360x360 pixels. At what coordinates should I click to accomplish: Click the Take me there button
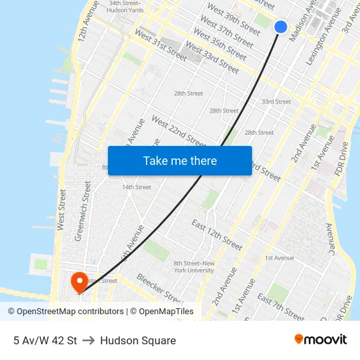pyautogui.click(x=180, y=160)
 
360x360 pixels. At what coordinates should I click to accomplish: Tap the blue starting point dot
pyautogui.click(x=280, y=26)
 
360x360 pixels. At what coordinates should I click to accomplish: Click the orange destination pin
pyautogui.click(x=79, y=282)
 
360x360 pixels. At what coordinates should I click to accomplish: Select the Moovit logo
pyautogui.click(x=321, y=340)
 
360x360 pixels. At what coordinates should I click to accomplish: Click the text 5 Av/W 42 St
pyautogui.click(x=45, y=340)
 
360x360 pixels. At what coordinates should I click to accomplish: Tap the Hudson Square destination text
pyautogui.click(x=138, y=340)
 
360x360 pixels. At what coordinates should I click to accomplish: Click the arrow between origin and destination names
pyautogui.click(x=88, y=340)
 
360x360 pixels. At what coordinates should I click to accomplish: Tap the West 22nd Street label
pyautogui.click(x=178, y=131)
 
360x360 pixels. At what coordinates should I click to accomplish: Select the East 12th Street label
pyautogui.click(x=217, y=234)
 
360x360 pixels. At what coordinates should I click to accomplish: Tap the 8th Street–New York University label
pyautogui.click(x=194, y=266)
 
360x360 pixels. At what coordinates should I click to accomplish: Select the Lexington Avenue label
pyautogui.click(x=316, y=39)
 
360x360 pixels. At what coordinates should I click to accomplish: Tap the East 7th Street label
pyautogui.click(x=281, y=308)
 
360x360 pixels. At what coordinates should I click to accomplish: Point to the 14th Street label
pyautogui.click(x=136, y=187)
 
